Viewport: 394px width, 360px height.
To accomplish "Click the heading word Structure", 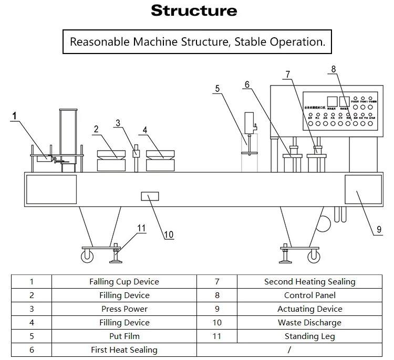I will click(x=194, y=11).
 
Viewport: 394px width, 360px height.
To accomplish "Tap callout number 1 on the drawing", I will click(x=15, y=115).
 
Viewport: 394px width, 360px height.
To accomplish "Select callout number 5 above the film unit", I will click(x=217, y=89).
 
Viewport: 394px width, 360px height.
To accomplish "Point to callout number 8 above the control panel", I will click(x=333, y=69).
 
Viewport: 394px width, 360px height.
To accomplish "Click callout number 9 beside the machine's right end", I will click(x=379, y=229).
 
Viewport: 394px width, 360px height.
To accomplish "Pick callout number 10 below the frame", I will click(x=168, y=235).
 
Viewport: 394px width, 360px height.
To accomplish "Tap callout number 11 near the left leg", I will click(x=141, y=228).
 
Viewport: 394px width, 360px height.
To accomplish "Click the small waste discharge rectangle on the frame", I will click(x=150, y=197).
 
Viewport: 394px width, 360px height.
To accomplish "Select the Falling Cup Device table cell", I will click(x=124, y=282).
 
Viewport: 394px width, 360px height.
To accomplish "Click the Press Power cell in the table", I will click(x=125, y=309).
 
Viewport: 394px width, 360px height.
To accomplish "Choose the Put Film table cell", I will click(x=125, y=336).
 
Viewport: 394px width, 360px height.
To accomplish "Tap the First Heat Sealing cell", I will click(x=124, y=350).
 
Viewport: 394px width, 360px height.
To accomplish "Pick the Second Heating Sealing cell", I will click(x=309, y=282).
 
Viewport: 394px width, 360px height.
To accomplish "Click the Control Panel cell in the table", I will click(x=309, y=295).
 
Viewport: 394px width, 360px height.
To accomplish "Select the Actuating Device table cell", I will click(x=309, y=309).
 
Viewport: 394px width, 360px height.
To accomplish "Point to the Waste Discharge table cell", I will click(x=309, y=323).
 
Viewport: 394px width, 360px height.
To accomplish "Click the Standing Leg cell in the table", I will click(x=309, y=336).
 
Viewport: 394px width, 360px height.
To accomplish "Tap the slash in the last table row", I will click(x=289, y=350).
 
